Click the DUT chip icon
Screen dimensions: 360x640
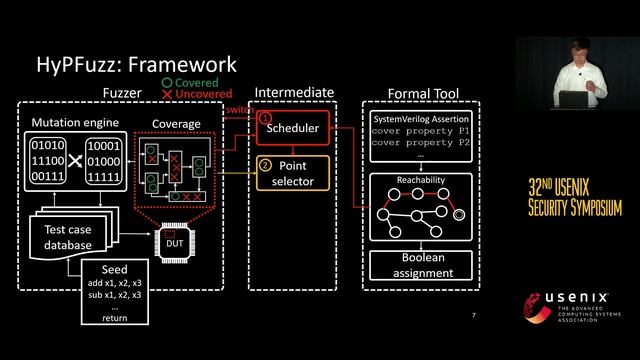coord(175,242)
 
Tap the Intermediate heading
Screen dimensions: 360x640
coord(294,93)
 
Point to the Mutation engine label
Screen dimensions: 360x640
coord(76,124)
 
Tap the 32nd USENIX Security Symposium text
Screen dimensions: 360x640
coord(574,198)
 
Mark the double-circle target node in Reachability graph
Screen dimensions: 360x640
coord(459,214)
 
